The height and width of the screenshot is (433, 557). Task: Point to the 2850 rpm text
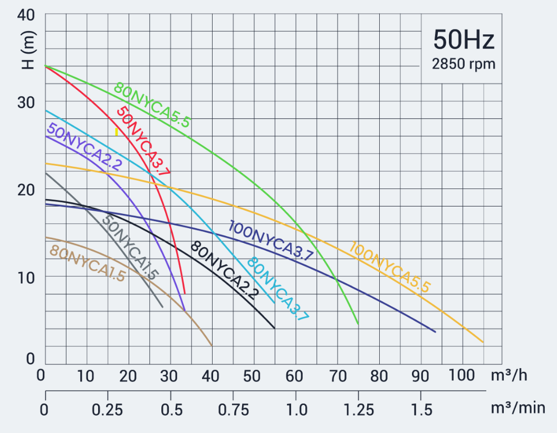(464, 64)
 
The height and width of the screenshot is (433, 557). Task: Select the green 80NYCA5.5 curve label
(152, 106)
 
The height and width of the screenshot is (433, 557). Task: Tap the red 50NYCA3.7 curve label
(143, 141)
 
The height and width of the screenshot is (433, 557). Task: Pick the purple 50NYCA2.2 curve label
(84, 146)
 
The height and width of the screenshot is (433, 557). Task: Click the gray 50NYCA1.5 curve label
(130, 248)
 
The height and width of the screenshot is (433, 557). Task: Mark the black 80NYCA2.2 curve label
(225, 270)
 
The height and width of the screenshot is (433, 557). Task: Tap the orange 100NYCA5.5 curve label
(390, 267)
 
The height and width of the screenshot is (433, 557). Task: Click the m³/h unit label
(509, 376)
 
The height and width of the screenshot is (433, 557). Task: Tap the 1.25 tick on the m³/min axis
(358, 409)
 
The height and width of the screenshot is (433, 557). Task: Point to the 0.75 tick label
(233, 409)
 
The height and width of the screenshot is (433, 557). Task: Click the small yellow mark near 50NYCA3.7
(116, 132)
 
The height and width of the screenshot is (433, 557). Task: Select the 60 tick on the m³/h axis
(296, 376)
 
